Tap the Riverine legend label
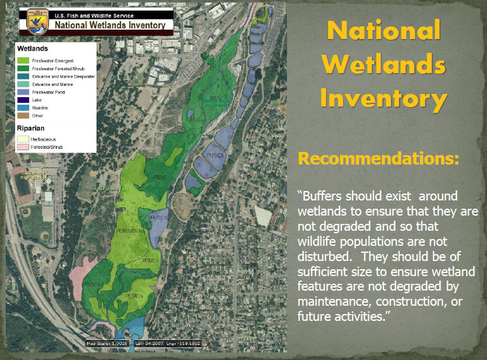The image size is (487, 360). point(41,107)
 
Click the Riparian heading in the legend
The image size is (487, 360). point(32,127)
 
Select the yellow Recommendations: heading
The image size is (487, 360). point(378,158)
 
